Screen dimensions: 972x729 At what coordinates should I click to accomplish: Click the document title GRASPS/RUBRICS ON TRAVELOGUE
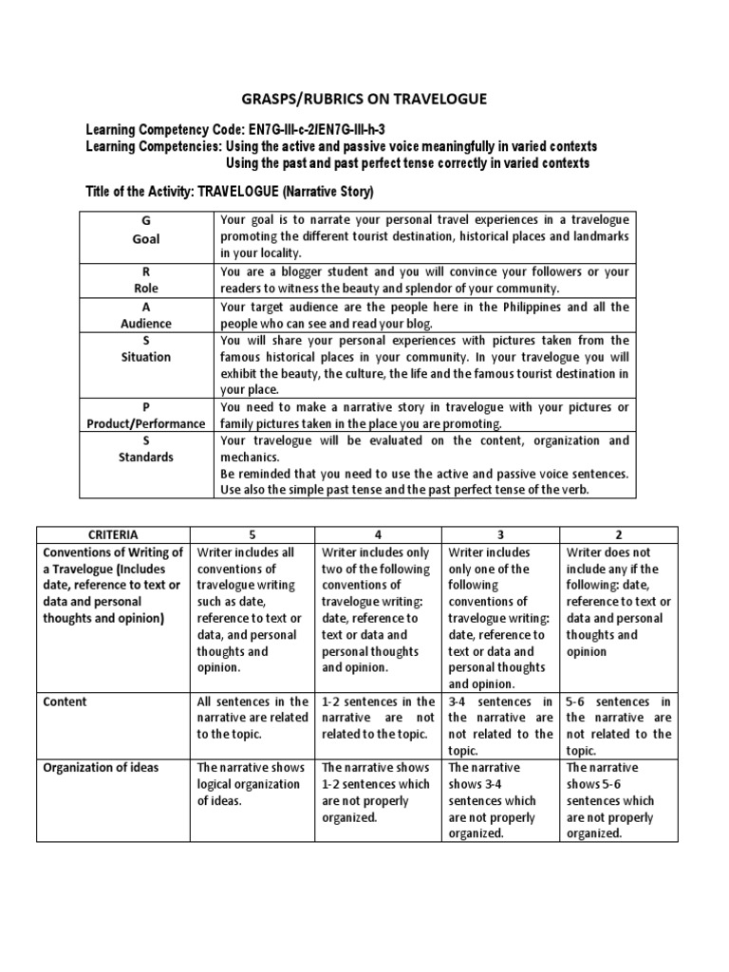tap(364, 97)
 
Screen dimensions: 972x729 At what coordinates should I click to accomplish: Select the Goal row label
tap(146, 235)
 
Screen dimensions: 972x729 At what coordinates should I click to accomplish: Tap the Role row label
tap(146, 279)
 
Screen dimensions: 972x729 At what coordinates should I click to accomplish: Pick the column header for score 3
tap(501, 535)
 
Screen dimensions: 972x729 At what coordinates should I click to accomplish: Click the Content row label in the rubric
tap(65, 701)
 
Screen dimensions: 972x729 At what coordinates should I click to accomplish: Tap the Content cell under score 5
tap(252, 718)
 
